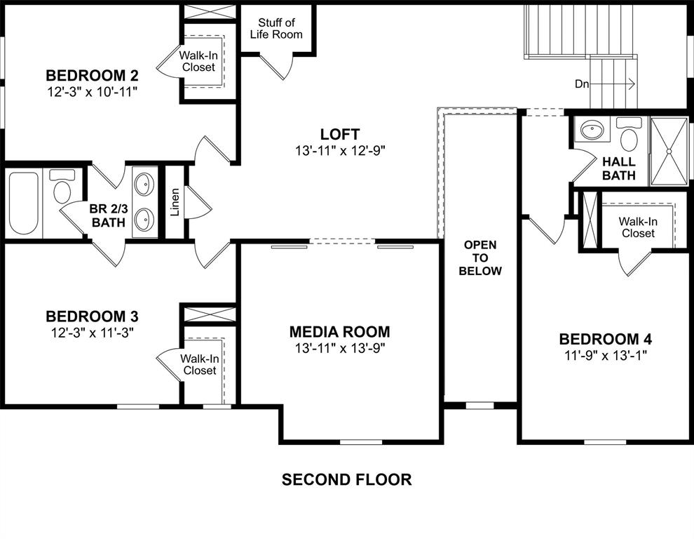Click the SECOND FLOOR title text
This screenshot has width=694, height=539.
[346, 480]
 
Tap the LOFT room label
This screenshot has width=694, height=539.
[340, 134]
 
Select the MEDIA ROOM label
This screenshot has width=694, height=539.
[340, 332]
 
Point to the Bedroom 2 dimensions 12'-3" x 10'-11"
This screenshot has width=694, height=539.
[92, 91]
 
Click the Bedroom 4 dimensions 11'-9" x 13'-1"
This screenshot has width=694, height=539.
[606, 355]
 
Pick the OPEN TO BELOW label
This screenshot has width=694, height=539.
[480, 258]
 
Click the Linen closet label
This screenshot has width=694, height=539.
[175, 201]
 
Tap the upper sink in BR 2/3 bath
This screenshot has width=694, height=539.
[145, 185]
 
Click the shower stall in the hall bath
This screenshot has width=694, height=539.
[669, 151]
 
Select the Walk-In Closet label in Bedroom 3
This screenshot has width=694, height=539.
[198, 364]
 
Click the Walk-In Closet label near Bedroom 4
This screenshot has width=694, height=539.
[637, 227]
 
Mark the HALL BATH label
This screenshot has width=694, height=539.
[618, 168]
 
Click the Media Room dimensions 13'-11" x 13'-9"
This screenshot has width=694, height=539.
[340, 348]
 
